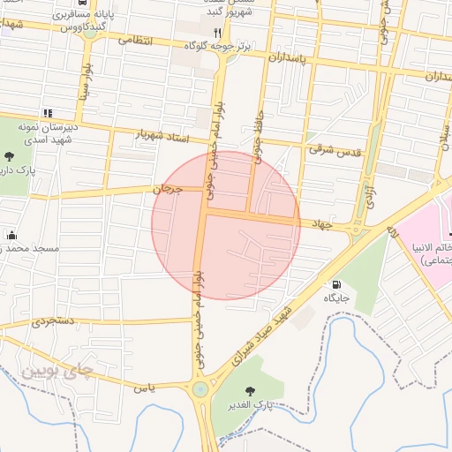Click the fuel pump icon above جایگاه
click(x=336, y=284)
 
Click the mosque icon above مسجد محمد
click(x=12, y=235)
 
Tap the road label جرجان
click(x=166, y=189)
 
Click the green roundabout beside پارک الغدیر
click(x=201, y=388)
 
